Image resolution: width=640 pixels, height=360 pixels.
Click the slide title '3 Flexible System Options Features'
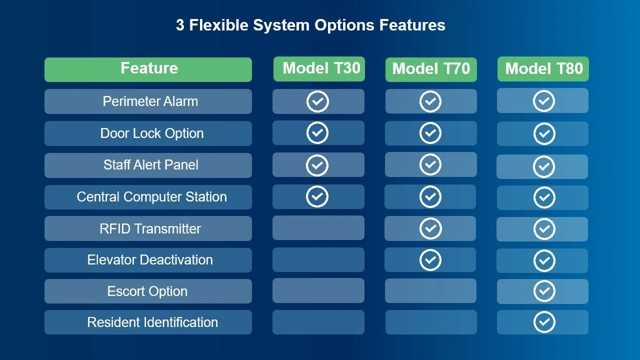tap(310, 25)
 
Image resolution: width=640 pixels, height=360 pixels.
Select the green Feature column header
tap(148, 69)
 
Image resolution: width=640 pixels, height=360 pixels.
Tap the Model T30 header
tap(319, 69)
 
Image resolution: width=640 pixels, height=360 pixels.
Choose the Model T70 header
tap(431, 69)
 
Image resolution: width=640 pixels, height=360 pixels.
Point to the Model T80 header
tap(543, 69)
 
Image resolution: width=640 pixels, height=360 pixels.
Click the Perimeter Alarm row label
tap(150, 101)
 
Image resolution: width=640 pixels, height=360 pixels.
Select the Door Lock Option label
tap(152, 133)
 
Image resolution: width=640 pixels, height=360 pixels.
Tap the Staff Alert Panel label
tap(150, 165)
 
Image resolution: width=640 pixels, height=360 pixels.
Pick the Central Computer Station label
tap(151, 197)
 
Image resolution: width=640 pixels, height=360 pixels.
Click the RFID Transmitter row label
tap(150, 229)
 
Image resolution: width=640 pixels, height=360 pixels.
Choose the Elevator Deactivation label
tap(150, 260)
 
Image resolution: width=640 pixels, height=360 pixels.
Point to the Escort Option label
tap(147, 291)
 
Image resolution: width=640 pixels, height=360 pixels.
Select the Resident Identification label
tap(152, 322)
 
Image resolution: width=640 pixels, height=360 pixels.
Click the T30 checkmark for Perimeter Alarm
tap(317, 101)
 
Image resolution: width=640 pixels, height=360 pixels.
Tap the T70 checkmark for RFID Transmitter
tap(430, 228)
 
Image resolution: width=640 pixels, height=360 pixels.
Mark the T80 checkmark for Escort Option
tap(544, 291)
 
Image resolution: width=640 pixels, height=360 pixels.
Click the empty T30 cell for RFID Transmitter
tap(318, 228)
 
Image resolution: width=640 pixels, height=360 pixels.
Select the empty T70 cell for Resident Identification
tap(431, 322)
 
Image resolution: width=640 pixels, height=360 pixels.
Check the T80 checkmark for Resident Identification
tap(544, 322)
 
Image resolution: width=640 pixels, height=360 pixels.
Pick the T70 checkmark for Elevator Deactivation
tap(430, 260)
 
